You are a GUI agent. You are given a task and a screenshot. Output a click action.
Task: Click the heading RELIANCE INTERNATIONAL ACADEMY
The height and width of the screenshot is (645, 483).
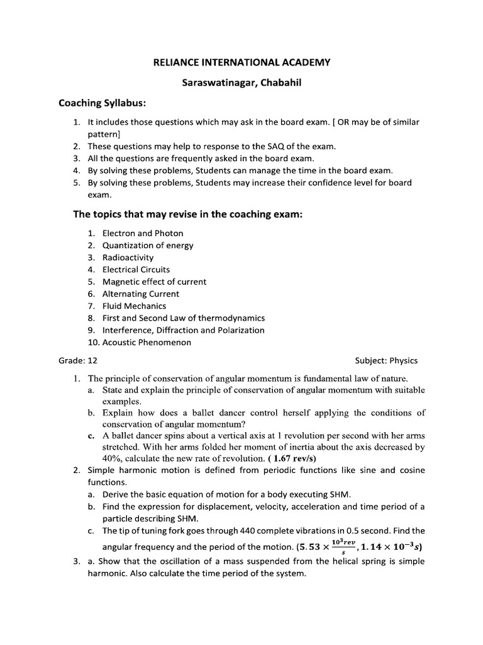(x=242, y=62)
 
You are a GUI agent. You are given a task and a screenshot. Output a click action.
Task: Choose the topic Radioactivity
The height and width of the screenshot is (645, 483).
(x=128, y=258)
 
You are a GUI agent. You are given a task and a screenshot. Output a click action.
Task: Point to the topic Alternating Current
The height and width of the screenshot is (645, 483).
(x=141, y=294)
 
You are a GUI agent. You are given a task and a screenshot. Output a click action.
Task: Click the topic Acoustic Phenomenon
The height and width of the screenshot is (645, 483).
(x=147, y=343)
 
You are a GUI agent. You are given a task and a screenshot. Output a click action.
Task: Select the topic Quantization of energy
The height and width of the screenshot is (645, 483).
(x=148, y=246)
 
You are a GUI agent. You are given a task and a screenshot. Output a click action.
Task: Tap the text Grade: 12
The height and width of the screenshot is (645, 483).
(x=78, y=362)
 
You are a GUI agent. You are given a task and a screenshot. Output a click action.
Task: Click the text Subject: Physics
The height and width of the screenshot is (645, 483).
(x=386, y=362)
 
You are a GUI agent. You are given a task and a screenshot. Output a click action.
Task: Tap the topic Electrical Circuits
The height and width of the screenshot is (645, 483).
(x=136, y=270)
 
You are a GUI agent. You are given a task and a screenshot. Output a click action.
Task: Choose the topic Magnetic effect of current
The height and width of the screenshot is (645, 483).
(x=154, y=282)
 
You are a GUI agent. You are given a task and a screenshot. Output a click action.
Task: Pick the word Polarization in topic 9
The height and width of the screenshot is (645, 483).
(x=241, y=331)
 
